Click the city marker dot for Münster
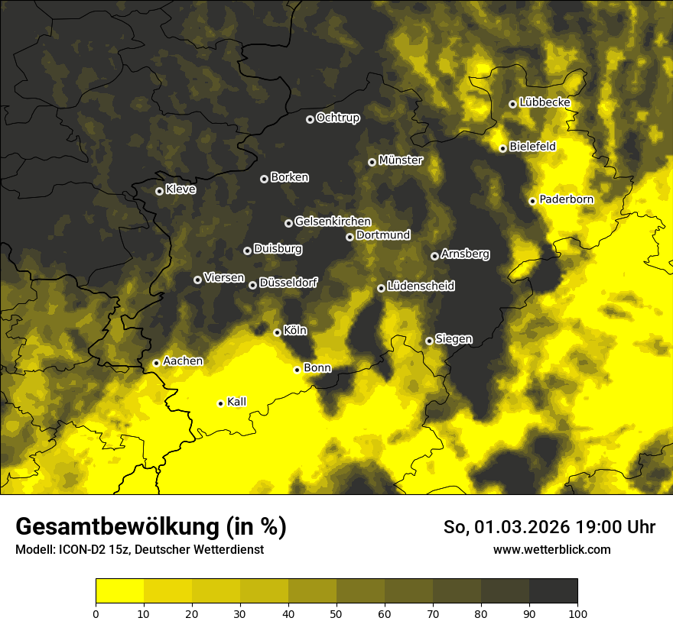pyautogui.click(x=372, y=162)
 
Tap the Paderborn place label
pyautogui.click(x=566, y=199)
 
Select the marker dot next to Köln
pyautogui.click(x=277, y=332)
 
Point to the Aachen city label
pyautogui.click(x=183, y=361)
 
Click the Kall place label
pyautogui.click(x=237, y=402)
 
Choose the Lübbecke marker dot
pyautogui.click(x=512, y=104)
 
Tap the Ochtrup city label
pyautogui.click(x=337, y=118)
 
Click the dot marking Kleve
pyautogui.click(x=159, y=191)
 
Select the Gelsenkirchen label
pyautogui.click(x=333, y=222)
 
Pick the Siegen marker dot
pyautogui.click(x=429, y=341)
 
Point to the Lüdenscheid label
pyautogui.click(x=421, y=286)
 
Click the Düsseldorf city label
pyautogui.click(x=288, y=283)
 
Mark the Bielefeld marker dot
pyautogui.click(x=502, y=148)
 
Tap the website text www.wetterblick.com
pyautogui.click(x=551, y=549)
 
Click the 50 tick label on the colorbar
pyautogui.click(x=336, y=613)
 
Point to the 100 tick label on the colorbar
pyautogui.click(x=577, y=613)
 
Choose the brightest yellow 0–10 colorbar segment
pyautogui.click(x=119, y=590)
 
